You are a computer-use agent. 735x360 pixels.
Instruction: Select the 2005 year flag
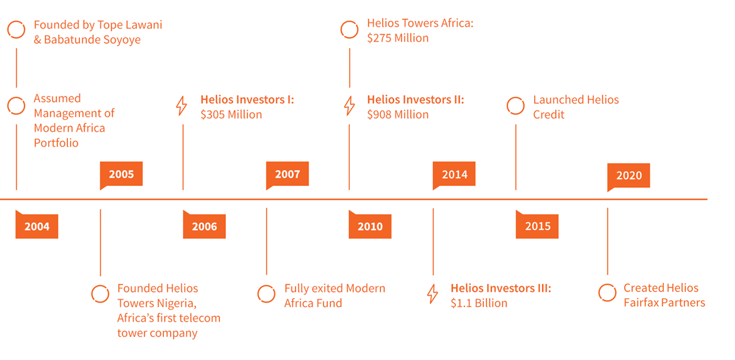tap(121, 175)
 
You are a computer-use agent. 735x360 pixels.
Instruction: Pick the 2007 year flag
tap(287, 175)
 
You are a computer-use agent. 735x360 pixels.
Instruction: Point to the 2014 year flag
tap(454, 175)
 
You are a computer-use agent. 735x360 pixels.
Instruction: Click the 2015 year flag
tap(537, 225)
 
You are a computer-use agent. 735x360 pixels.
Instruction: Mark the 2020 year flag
tap(629, 176)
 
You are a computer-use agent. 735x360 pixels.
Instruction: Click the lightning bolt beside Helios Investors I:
tap(181, 105)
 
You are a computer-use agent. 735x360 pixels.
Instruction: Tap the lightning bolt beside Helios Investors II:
tap(349, 105)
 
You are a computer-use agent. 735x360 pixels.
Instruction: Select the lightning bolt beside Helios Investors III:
tap(432, 294)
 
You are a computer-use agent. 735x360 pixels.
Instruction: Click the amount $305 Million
tap(231, 114)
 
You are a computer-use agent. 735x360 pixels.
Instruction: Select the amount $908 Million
tap(398, 114)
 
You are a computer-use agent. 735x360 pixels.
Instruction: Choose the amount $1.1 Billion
tap(479, 303)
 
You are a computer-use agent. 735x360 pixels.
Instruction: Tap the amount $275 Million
tap(398, 38)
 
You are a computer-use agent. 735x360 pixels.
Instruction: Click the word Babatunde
tap(72, 39)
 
